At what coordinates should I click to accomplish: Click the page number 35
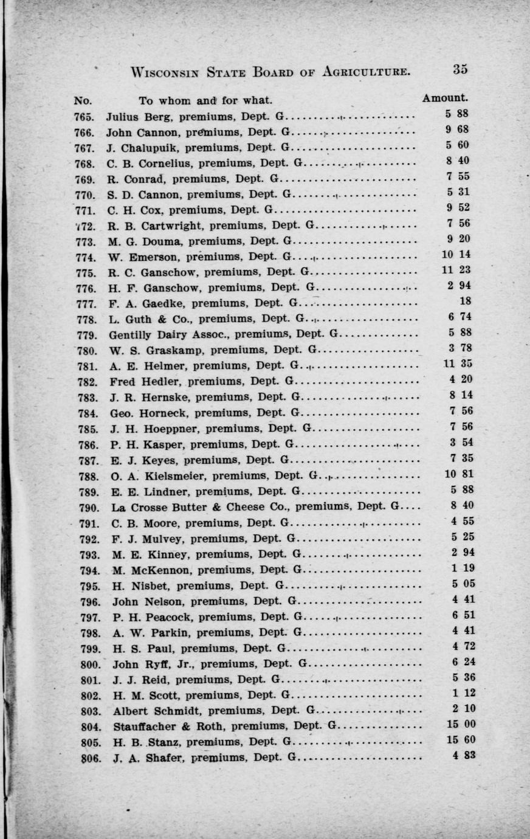click(x=459, y=69)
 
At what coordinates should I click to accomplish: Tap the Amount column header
click(x=445, y=98)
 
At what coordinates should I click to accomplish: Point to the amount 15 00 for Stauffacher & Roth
click(x=461, y=724)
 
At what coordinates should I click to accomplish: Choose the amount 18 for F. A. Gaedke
click(x=466, y=301)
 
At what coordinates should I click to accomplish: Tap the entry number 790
click(x=89, y=507)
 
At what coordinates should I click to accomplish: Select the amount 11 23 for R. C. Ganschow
click(x=456, y=270)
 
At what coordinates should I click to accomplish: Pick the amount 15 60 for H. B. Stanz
click(x=461, y=740)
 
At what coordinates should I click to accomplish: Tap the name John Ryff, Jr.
click(x=153, y=663)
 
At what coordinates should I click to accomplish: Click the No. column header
click(x=83, y=100)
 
